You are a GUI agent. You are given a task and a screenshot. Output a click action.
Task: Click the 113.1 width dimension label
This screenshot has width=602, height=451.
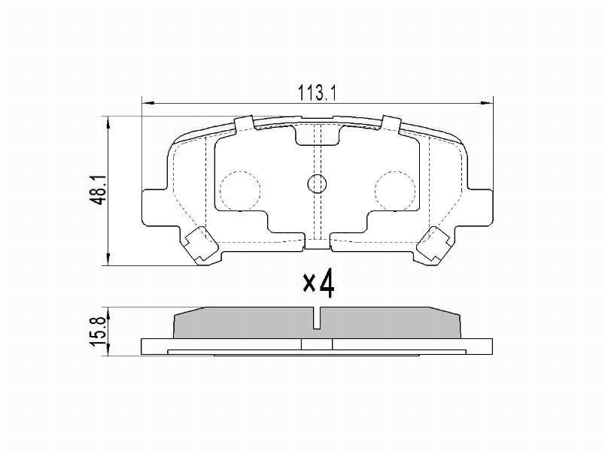pyautogui.click(x=317, y=93)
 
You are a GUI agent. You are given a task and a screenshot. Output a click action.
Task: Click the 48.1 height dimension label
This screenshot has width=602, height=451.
pyautogui.click(x=100, y=190)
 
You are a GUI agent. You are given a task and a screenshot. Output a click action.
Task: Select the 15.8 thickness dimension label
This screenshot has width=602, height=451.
pyautogui.click(x=99, y=331)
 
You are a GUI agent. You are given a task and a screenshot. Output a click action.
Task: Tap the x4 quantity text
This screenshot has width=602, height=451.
pyautogui.click(x=318, y=284)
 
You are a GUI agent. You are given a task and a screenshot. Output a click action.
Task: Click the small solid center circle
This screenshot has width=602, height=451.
pyautogui.click(x=317, y=184)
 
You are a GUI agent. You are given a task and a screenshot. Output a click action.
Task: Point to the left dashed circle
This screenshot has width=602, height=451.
pyautogui.click(x=240, y=191)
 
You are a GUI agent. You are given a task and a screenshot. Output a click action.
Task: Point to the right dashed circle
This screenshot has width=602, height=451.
pyautogui.click(x=396, y=191)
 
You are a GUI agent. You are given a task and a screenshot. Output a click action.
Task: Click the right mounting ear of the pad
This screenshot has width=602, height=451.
pyautogui.click(x=479, y=207)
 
